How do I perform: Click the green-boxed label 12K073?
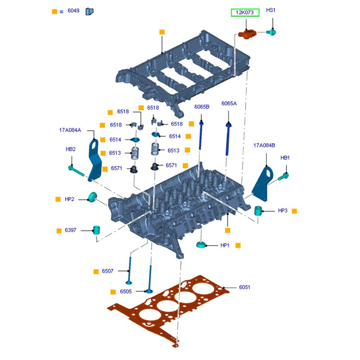tap(245, 13)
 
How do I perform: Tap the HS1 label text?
tap(270, 10)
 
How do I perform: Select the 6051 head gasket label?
tap(244, 287)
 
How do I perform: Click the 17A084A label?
tap(70, 130)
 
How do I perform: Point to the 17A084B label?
tap(264, 145)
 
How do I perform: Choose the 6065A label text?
tap(229, 103)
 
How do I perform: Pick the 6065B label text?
tap(202, 107)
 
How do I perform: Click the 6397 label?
tap(70, 230)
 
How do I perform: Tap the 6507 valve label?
tap(108, 271)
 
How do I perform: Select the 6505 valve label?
tap(126, 292)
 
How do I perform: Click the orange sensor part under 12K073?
tap(247, 33)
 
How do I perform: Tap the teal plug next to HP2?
tap(93, 197)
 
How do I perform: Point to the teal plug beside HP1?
tap(201, 245)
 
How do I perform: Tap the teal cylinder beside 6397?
tap(96, 229)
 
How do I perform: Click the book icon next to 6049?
tap(89, 11)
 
